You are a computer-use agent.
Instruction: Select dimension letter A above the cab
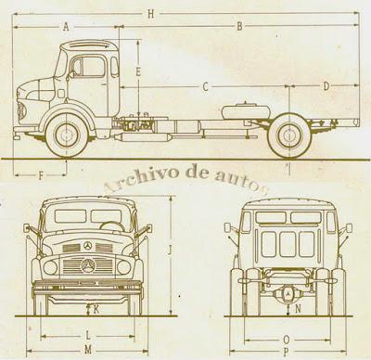(67, 28)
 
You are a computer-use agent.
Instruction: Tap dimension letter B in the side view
(239, 28)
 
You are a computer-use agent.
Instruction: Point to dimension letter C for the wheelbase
(206, 85)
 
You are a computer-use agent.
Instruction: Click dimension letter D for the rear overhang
(326, 85)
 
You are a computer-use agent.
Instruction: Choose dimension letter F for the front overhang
(41, 173)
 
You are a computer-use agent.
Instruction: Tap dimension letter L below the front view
(87, 333)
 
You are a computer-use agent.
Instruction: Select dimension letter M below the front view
(87, 349)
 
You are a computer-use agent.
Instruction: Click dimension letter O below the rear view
(286, 339)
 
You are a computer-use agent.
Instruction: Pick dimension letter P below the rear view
(286, 353)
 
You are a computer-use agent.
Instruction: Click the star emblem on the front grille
(87, 246)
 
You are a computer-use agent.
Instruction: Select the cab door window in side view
(91, 68)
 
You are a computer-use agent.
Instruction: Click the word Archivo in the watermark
(133, 180)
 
